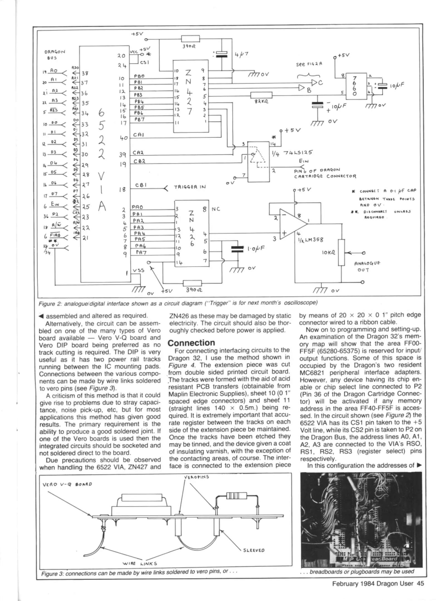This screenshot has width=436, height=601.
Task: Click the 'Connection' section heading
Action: (191, 343)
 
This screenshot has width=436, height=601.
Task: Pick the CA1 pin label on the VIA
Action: (138, 135)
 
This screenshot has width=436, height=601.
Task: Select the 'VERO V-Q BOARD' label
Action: (67, 484)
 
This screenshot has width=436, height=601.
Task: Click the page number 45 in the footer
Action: (420, 583)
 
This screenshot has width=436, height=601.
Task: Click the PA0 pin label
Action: (137, 207)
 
